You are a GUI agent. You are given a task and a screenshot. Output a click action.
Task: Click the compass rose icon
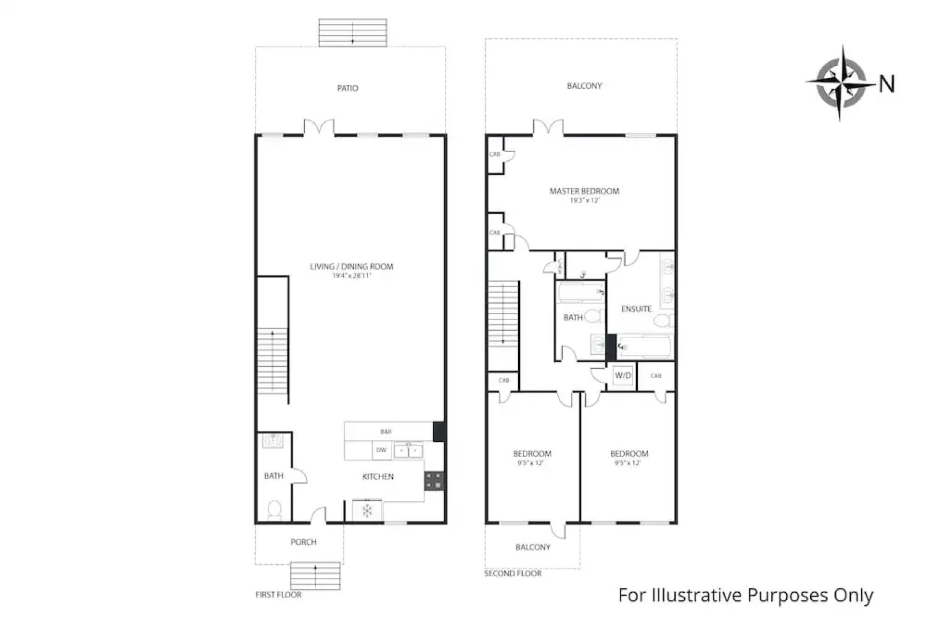[841, 84]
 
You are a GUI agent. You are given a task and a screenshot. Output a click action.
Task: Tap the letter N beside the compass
[886, 84]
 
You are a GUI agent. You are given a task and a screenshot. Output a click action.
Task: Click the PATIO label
[348, 88]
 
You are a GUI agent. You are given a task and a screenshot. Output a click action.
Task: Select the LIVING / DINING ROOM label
[352, 266]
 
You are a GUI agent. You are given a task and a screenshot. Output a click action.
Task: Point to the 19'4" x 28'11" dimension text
[352, 276]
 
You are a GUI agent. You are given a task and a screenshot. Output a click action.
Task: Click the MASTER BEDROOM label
[584, 191]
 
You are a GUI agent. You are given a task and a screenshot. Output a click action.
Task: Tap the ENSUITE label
[636, 309]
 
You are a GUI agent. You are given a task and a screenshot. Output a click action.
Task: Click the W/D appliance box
[623, 376]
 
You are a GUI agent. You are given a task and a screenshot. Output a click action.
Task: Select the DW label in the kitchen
[381, 450]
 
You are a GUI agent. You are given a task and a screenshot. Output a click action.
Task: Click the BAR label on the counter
[386, 431]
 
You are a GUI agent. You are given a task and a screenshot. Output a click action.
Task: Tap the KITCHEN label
[378, 477]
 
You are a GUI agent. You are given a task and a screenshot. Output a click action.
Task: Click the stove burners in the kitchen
[434, 481]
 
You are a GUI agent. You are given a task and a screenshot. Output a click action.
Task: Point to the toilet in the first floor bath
[274, 509]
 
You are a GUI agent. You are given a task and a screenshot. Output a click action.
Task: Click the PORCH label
[303, 542]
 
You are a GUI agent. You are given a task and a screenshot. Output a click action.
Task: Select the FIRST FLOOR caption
[278, 595]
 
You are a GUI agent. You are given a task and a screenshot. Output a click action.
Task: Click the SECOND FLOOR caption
[512, 573]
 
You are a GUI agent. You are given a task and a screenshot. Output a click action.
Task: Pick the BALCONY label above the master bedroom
[584, 86]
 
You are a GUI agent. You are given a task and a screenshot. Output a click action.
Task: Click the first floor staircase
[272, 360]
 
